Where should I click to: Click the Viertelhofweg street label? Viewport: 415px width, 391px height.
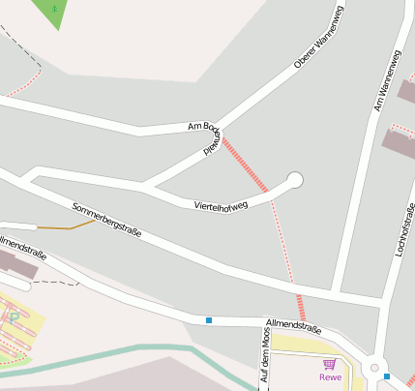click(x=221, y=204)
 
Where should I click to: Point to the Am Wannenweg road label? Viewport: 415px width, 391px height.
click(x=387, y=82)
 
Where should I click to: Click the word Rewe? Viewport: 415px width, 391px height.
click(x=331, y=377)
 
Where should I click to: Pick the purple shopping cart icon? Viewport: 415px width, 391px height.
click(x=330, y=365)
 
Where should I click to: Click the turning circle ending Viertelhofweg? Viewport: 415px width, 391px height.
click(x=295, y=179)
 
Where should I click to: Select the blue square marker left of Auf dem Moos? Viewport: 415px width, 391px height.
click(x=209, y=319)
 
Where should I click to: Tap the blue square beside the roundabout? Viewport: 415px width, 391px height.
click(x=387, y=376)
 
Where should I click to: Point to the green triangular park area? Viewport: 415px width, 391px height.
click(x=55, y=12)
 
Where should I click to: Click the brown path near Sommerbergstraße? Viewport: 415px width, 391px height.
click(x=67, y=226)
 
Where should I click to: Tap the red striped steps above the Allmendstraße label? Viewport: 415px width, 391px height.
click(x=303, y=308)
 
